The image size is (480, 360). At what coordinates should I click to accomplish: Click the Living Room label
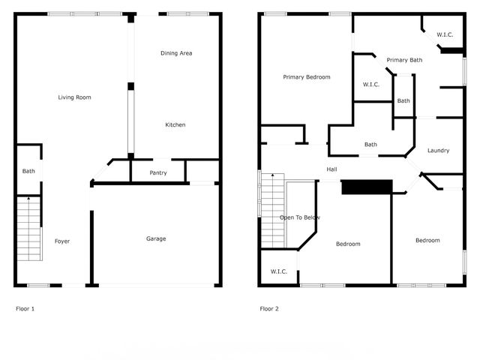tap(74, 97)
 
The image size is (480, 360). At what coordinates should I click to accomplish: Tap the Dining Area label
tap(176, 53)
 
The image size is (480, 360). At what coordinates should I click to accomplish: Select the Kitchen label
tap(175, 124)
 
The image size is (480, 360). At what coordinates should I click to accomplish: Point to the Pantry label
tap(157, 173)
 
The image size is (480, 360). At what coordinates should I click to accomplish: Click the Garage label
tap(155, 238)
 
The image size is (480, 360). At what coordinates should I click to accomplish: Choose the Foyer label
tap(62, 241)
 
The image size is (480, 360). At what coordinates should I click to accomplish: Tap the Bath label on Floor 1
tap(28, 171)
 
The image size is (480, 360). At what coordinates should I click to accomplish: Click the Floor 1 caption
tap(25, 308)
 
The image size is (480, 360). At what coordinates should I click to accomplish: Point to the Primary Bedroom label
tap(306, 77)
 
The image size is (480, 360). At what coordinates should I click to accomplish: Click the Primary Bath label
tap(404, 60)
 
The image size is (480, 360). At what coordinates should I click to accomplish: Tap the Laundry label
tap(438, 150)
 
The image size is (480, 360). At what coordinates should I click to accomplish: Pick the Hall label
tap(331, 169)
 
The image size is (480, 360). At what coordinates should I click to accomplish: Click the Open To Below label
tap(299, 217)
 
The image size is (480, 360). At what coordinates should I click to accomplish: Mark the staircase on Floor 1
tap(28, 228)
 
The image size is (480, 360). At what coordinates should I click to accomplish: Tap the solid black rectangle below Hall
tap(367, 187)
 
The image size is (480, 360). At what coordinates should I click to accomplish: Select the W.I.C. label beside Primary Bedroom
tap(370, 84)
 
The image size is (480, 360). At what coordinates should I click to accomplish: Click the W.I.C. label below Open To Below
tap(278, 271)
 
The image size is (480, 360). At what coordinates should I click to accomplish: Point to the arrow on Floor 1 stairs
tap(28, 199)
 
